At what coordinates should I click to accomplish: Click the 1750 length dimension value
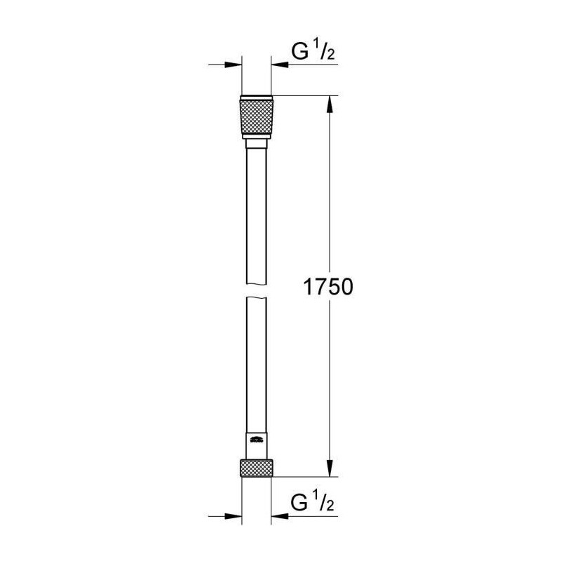[x=328, y=287]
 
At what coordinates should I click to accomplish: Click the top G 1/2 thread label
[x=313, y=51]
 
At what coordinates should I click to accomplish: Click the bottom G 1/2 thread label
[x=312, y=502]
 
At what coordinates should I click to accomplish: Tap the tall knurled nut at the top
[x=257, y=117]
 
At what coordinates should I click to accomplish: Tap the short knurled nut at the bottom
[x=257, y=468]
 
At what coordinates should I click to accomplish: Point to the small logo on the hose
[x=257, y=440]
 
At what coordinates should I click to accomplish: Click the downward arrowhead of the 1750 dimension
[x=330, y=466]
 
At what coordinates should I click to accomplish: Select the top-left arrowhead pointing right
[x=233, y=65]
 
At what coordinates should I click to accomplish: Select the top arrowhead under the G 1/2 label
[x=280, y=65]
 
